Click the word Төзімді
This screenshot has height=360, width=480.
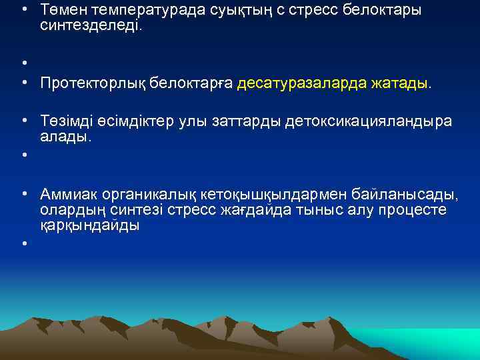coord(65,121)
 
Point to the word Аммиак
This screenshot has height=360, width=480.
coord(67,194)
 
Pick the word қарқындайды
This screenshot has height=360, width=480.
coord(90,226)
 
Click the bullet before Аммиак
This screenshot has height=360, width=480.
coord(24,194)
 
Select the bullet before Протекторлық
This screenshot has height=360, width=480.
coord(24,84)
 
